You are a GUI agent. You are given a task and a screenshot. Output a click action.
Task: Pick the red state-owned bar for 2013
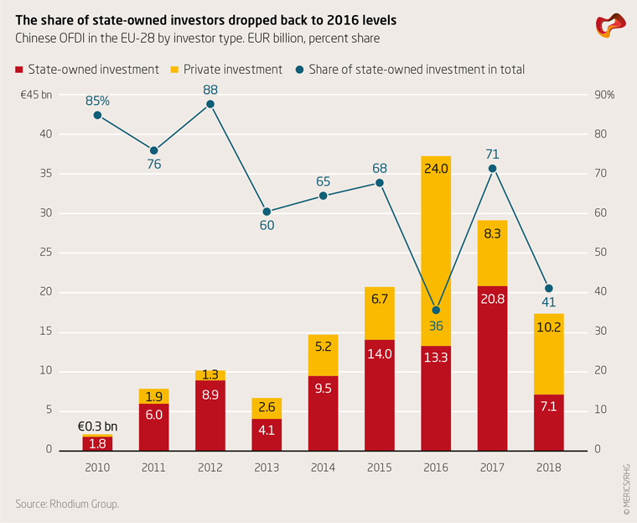point(267,434)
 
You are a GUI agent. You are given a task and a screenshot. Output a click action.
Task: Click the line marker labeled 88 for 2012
point(210,104)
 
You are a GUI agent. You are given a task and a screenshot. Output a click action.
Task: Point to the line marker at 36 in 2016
point(436,310)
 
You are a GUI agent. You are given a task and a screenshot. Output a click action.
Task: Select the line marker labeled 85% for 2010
point(97,115)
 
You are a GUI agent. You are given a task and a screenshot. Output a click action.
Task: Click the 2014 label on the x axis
point(323,466)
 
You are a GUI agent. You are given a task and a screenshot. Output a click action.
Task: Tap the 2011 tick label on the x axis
point(153,466)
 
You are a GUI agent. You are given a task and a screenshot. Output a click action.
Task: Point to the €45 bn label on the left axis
point(36,95)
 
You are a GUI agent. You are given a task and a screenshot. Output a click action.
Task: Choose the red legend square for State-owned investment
point(19,70)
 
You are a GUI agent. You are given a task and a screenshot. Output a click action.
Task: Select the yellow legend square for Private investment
point(175,70)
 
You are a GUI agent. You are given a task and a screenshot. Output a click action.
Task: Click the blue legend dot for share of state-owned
point(300,70)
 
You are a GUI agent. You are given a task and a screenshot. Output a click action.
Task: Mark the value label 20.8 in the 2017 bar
point(493,299)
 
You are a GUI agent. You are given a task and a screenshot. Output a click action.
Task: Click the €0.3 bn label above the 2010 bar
point(97,424)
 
